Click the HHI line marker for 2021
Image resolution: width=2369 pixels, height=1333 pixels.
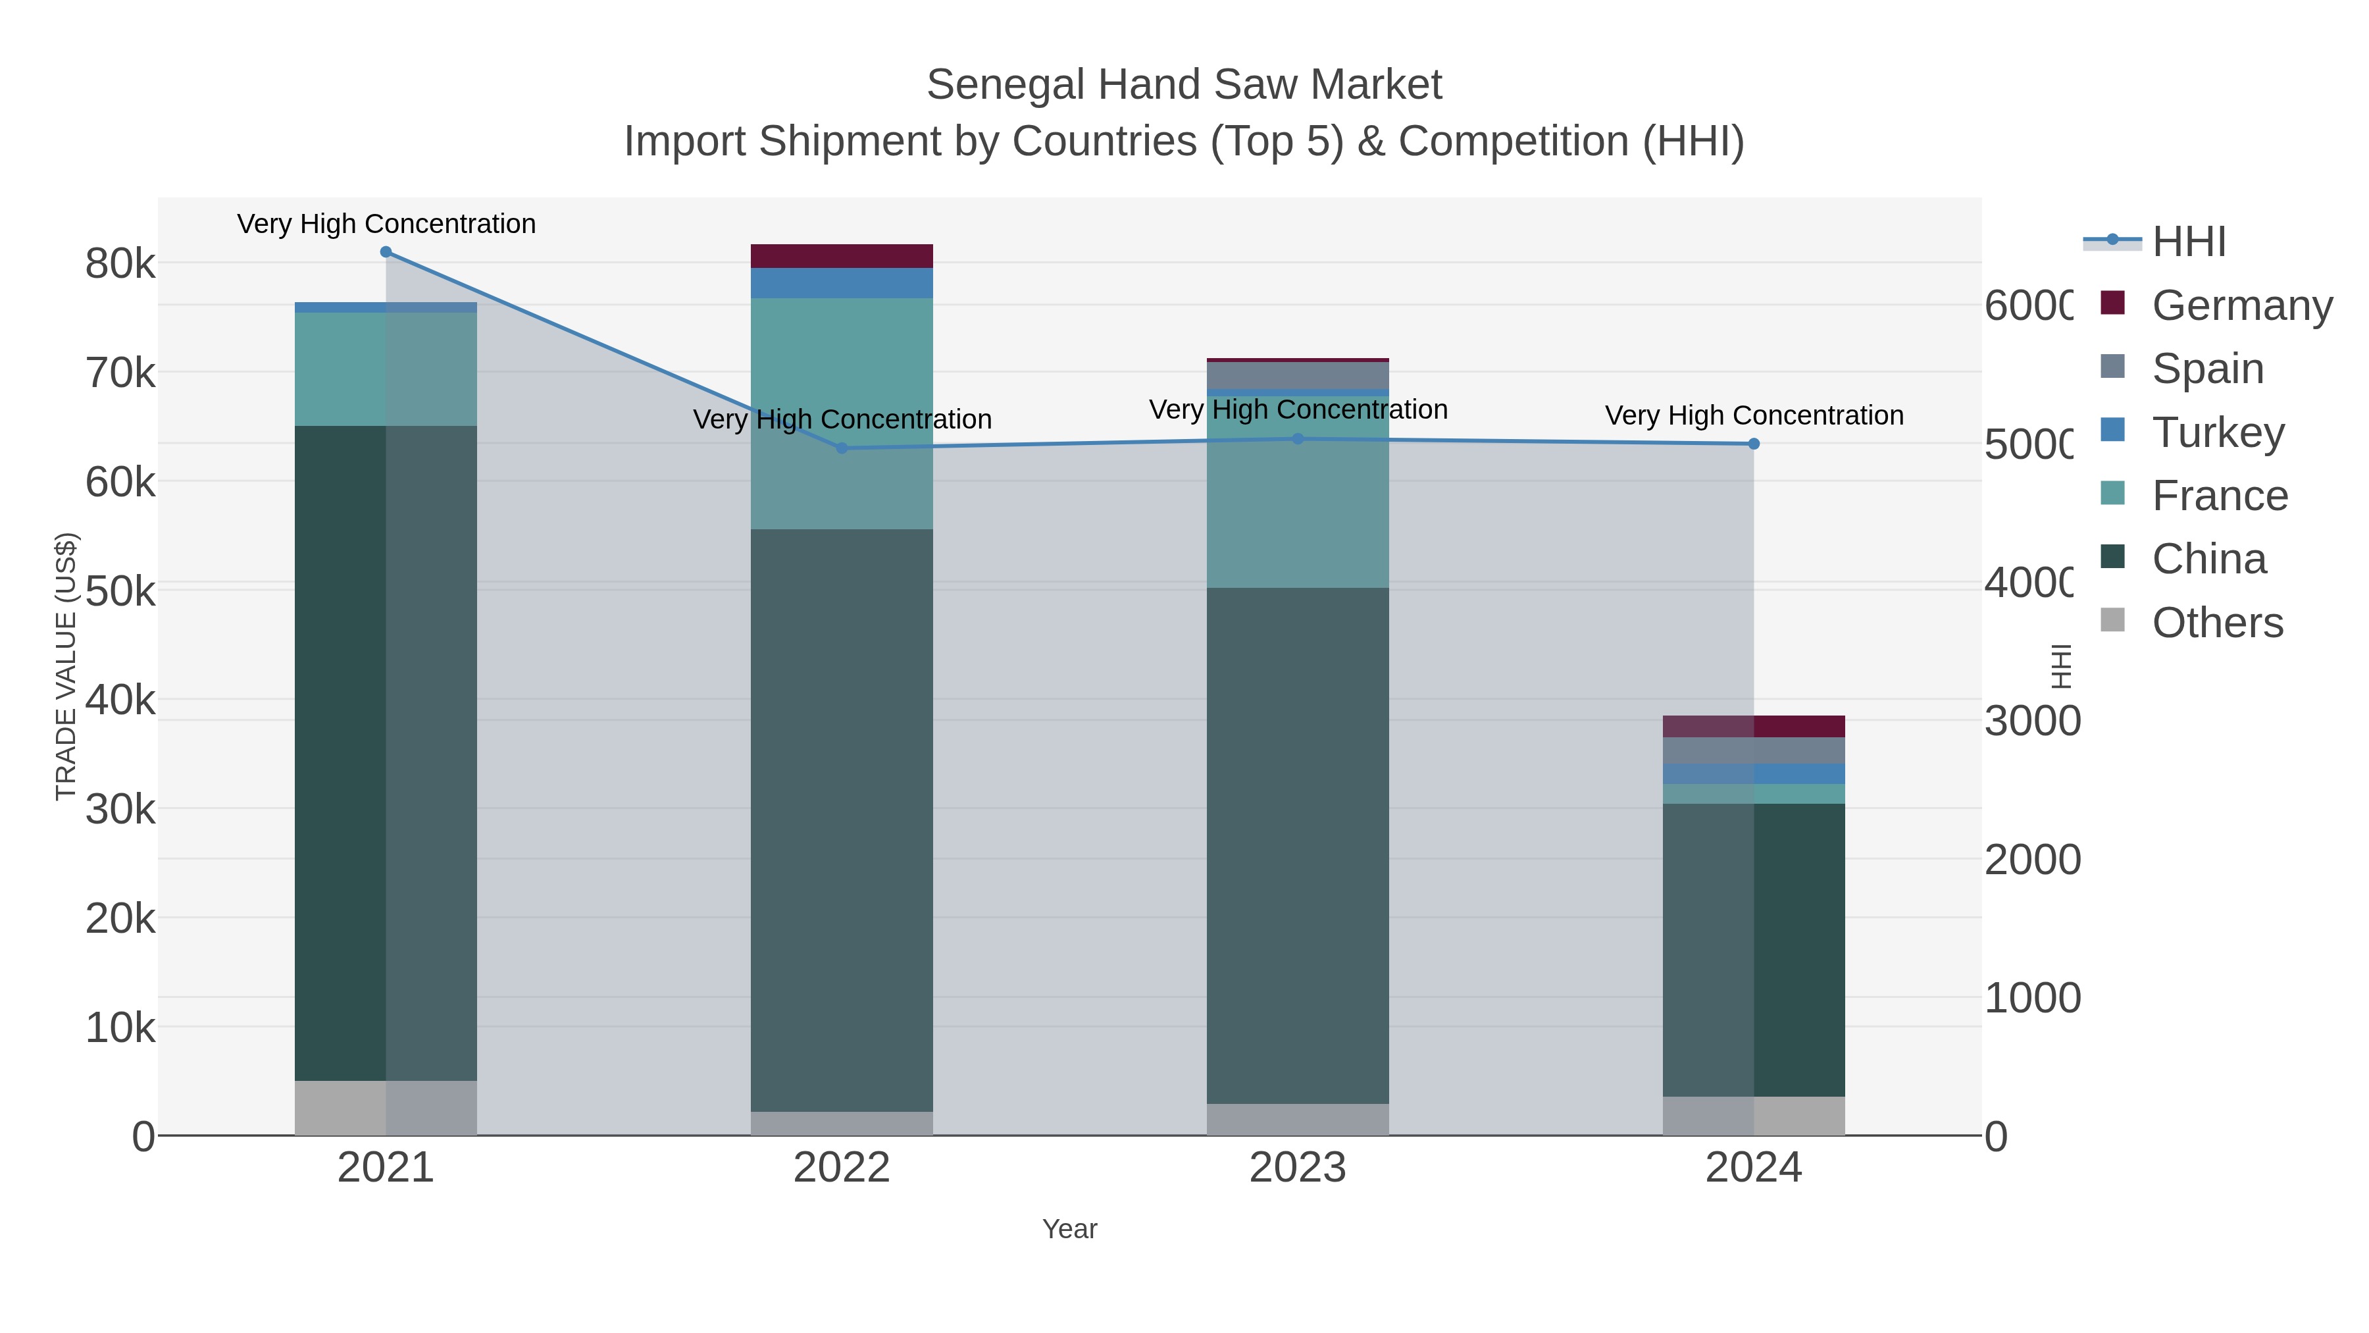386,252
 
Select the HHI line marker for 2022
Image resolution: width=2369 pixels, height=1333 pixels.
842,448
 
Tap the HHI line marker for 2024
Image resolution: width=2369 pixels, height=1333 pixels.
1754,444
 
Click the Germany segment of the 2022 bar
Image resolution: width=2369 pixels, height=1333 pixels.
842,257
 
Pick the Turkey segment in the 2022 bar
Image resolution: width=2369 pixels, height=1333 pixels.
842,283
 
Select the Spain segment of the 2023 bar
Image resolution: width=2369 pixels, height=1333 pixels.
1298,375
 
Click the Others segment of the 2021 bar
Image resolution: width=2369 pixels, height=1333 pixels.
386,1108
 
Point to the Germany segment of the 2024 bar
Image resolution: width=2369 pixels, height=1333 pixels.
1754,727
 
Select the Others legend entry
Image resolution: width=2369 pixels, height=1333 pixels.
2216,623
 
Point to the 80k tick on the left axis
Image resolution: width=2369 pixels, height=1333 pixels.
120,265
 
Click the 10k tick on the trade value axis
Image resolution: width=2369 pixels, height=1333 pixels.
120,1028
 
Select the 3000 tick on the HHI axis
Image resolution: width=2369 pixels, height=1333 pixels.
2031,721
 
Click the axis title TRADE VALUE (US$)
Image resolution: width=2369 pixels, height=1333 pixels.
66,666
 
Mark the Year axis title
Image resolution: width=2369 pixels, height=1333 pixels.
1069,1229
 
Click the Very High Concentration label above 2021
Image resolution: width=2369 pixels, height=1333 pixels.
386,224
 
